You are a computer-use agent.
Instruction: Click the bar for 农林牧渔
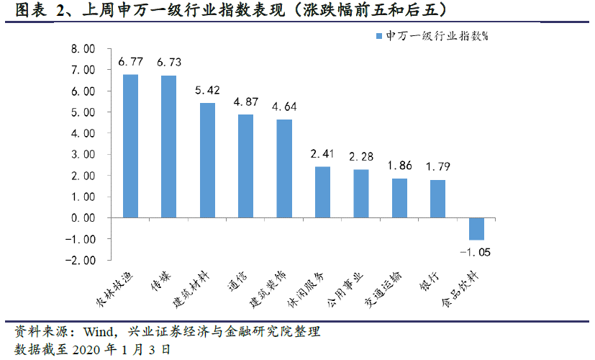(x=130, y=146)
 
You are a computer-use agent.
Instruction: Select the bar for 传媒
(x=168, y=147)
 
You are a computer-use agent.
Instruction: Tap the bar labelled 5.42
(x=207, y=161)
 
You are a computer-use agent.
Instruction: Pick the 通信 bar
(x=245, y=166)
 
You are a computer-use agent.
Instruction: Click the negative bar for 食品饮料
(x=476, y=228)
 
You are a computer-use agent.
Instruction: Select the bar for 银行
(x=437, y=199)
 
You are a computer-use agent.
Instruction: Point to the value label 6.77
(x=130, y=63)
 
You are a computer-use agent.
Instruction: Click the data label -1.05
(x=476, y=251)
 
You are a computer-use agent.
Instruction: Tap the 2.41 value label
(x=322, y=154)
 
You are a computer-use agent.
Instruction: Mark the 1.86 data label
(x=399, y=166)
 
